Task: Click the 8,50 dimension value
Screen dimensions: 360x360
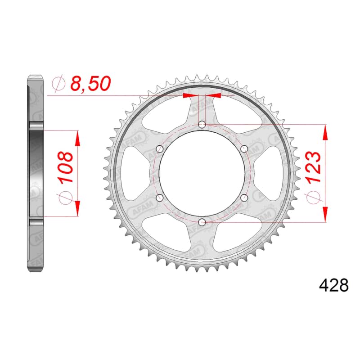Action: (x=88, y=84)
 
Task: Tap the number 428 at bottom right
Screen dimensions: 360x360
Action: (x=333, y=285)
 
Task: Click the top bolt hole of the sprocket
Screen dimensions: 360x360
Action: (x=202, y=125)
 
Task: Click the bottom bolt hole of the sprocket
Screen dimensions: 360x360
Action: (x=202, y=222)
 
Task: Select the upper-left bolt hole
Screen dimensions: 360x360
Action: (x=159, y=149)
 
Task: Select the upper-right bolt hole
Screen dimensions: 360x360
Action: (x=244, y=149)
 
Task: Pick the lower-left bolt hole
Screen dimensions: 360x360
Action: (x=159, y=198)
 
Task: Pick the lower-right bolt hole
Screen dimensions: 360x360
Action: (x=244, y=198)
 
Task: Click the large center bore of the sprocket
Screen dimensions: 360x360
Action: (x=202, y=173)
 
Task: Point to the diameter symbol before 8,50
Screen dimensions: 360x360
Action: (x=58, y=84)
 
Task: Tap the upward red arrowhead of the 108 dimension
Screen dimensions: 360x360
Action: (x=78, y=139)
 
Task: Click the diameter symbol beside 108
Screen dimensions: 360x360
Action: (x=66, y=198)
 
